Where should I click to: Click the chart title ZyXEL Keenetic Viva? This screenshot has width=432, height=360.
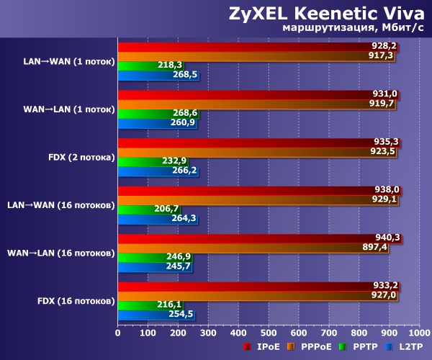click(x=327, y=13)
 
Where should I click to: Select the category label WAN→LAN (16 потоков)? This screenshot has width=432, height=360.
click(x=60, y=253)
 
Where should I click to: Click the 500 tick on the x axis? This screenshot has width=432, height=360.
click(x=269, y=333)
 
